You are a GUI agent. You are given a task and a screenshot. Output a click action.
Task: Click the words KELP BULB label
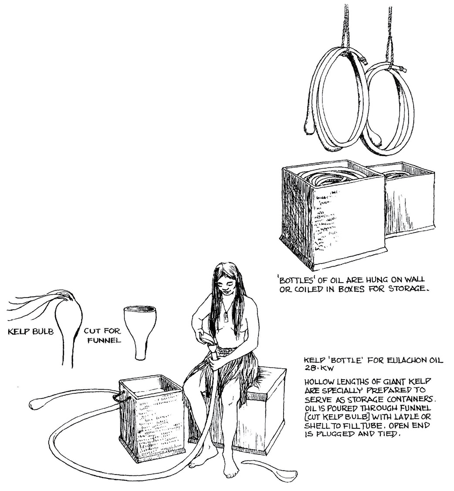point(31,332)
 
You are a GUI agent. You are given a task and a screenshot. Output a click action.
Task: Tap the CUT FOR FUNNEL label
point(102,335)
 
